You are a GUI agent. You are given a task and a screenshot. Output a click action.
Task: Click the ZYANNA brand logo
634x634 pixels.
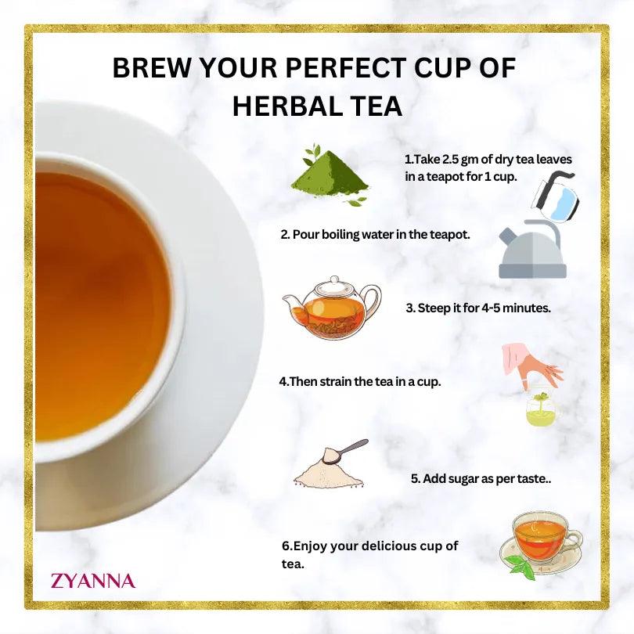[x=92, y=581]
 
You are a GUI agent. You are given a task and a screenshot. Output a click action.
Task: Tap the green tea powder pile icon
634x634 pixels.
[x=329, y=176]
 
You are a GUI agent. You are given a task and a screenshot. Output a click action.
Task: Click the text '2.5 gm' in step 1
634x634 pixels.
[x=447, y=159]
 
